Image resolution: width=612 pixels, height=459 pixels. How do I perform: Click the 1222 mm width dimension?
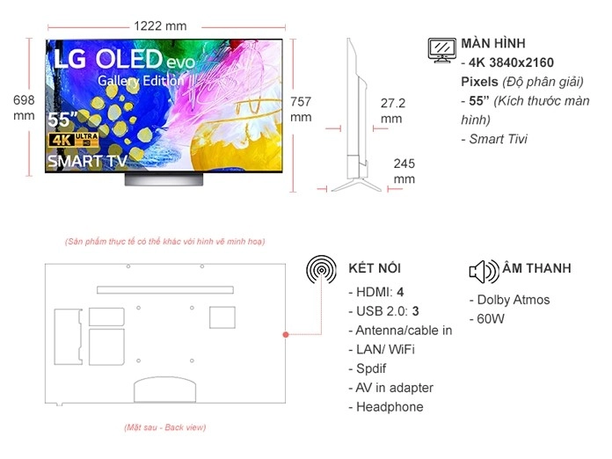tap(160, 26)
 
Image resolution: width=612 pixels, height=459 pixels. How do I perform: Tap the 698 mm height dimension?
tap(24, 108)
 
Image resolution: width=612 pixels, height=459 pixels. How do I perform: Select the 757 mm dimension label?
tap(301, 109)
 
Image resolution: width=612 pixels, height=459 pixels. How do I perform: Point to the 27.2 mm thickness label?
tap(393, 111)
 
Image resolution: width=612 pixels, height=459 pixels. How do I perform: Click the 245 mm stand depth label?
tap(404, 171)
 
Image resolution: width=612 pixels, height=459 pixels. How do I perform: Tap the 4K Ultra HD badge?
tap(73, 140)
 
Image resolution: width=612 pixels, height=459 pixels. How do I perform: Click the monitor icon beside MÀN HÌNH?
tap(441, 50)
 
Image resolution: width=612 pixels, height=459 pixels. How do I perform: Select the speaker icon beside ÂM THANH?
tap(484, 271)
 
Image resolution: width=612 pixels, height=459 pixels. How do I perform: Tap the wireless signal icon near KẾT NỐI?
tap(321, 269)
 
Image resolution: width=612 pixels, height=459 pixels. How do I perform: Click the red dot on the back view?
tap(286, 334)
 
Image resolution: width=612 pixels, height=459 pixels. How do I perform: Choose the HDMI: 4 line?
tap(376, 292)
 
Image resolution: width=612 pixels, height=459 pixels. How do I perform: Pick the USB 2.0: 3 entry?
tap(384, 311)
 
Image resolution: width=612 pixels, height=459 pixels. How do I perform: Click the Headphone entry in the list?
tap(386, 407)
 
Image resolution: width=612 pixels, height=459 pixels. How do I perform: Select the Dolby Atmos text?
tap(510, 300)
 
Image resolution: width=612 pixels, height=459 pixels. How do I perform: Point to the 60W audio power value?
tap(487, 319)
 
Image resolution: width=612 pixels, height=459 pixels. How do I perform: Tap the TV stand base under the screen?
tap(164, 179)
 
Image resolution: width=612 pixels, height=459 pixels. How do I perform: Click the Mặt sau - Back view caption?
tap(165, 427)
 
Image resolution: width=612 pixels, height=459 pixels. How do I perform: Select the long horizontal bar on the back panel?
tap(165, 290)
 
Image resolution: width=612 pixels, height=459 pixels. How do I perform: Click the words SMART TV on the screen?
tap(87, 161)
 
